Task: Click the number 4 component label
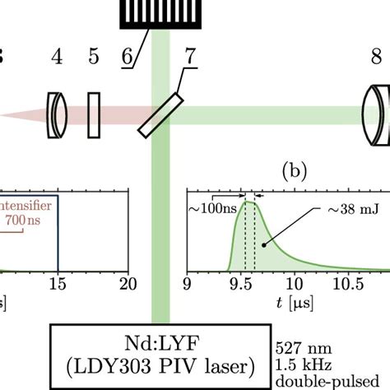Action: (x=57, y=58)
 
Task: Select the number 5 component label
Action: (x=94, y=58)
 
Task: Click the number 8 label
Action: (x=376, y=58)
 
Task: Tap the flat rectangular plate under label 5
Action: (x=95, y=114)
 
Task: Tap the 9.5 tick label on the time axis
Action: (x=244, y=284)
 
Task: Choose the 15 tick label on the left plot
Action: (x=58, y=284)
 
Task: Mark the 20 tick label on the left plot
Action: (x=127, y=284)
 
